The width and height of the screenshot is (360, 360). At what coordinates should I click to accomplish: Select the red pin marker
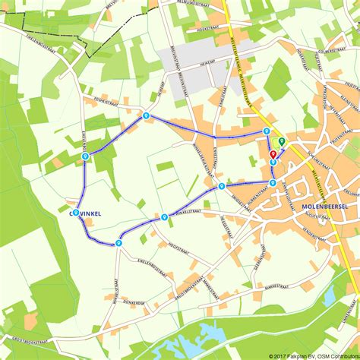(x=273, y=154)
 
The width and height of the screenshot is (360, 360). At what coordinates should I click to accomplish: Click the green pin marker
(x=282, y=141)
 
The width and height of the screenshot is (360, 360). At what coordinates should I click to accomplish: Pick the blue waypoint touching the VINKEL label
(x=76, y=213)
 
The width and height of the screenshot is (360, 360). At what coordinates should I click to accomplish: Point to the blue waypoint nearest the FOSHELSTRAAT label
(x=145, y=115)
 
